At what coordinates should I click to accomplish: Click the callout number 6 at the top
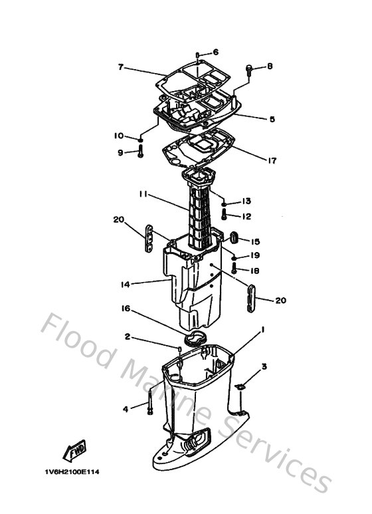pyautogui.click(x=215, y=52)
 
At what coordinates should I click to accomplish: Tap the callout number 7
pyautogui.click(x=121, y=67)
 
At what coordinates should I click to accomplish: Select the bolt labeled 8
pyautogui.click(x=249, y=70)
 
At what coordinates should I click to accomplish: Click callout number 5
pyautogui.click(x=272, y=119)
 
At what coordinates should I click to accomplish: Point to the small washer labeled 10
pyautogui.click(x=140, y=140)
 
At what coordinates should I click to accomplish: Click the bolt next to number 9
pyautogui.click(x=140, y=152)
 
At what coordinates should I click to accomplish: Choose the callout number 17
pyautogui.click(x=272, y=161)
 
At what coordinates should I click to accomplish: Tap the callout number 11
pyautogui.click(x=143, y=194)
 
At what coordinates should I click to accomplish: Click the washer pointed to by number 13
pyautogui.click(x=225, y=204)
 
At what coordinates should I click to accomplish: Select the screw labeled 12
pyautogui.click(x=225, y=215)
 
